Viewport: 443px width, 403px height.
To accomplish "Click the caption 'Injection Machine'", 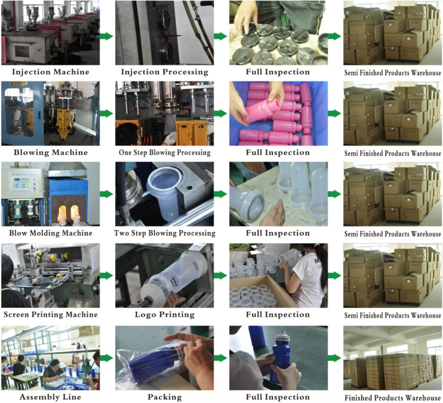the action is pos(51,72).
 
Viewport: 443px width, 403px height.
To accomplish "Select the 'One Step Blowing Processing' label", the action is pos(164,152).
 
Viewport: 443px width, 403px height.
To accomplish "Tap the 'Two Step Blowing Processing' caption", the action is pos(164,233).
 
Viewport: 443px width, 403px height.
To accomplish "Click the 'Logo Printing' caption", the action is pos(164,314).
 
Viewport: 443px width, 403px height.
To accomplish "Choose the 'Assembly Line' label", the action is pos(50,397).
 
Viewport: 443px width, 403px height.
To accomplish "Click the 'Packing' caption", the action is pos(165,397).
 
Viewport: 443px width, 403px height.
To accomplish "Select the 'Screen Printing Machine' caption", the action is pos(51,314).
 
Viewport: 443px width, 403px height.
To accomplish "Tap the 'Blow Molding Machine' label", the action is pos(51,233).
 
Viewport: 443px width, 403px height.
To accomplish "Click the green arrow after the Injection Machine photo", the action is pos(106,36).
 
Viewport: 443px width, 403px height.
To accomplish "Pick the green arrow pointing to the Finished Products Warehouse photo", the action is pos(335,358).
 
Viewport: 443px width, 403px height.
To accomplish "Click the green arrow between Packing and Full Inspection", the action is pos(220,358).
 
